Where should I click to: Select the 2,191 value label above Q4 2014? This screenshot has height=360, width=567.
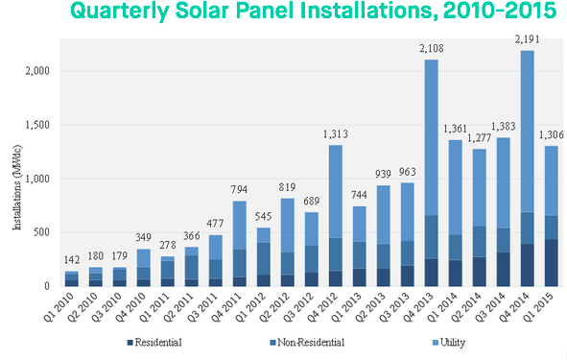[527, 41]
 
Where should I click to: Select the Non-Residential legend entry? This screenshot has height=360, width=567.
[308, 342]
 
